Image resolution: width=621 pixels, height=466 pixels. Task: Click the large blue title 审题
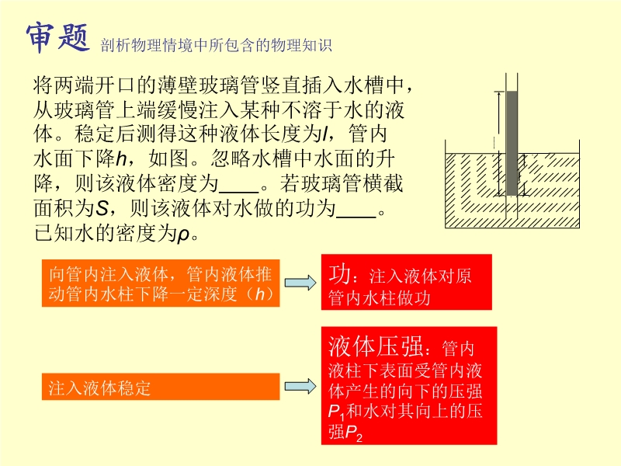point(57,37)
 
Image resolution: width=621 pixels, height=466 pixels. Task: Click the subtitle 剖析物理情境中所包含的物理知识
point(217,45)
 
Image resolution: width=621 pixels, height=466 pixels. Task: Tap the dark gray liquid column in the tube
point(512,144)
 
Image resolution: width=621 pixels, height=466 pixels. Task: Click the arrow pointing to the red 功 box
point(300,283)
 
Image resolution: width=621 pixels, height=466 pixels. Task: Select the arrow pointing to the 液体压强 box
point(300,386)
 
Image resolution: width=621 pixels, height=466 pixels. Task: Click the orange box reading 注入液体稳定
point(161,386)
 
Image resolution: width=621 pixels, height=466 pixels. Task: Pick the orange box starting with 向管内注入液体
point(161,283)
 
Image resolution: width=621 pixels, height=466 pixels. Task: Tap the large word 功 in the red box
point(339,274)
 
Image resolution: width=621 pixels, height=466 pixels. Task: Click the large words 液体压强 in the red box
point(376,346)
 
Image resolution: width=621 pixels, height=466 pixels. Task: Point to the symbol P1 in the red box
point(336,412)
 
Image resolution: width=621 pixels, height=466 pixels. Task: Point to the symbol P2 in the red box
point(354,433)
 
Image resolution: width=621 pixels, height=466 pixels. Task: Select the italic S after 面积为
point(102,208)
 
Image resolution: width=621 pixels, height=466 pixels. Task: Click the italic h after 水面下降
point(121,159)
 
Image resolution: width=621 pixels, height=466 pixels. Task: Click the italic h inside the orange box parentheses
point(260,294)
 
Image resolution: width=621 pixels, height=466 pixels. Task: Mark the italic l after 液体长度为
point(325,134)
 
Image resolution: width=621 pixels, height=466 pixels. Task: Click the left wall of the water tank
point(445,183)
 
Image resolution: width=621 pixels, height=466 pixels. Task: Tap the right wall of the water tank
point(579,183)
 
